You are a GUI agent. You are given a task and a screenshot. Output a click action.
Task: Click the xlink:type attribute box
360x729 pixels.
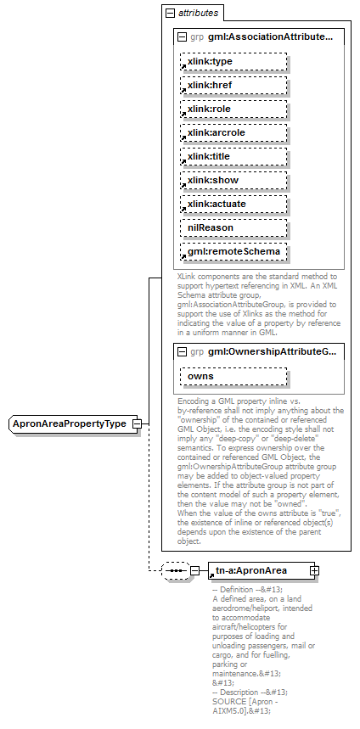233,62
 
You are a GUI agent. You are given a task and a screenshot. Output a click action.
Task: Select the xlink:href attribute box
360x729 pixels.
233,86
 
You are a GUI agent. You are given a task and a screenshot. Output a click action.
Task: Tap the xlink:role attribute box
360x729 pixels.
233,109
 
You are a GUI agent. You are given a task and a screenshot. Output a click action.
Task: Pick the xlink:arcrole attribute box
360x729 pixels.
233,133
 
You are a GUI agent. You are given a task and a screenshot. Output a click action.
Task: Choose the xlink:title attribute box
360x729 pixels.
233,157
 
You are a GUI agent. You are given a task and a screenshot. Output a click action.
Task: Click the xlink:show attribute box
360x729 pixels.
233,181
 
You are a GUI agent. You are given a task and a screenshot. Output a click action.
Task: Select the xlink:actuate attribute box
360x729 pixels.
233,205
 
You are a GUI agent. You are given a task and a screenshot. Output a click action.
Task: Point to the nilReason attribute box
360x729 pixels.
233,228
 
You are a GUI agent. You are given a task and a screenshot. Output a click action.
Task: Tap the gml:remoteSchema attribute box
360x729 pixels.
233,252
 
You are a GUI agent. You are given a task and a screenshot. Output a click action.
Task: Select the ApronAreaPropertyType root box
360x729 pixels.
70,423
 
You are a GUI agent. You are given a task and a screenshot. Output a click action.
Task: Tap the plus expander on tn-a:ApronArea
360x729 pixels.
315,571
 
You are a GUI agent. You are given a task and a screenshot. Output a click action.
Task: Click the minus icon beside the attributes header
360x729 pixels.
171,13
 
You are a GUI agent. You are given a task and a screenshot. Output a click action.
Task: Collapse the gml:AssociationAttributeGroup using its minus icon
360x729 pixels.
183,37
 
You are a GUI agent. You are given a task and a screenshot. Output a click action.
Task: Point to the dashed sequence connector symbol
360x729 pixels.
174,571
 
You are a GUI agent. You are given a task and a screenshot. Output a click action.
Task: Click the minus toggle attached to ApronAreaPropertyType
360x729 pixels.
138,423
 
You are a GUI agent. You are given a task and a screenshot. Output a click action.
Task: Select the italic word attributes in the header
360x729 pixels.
198,13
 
